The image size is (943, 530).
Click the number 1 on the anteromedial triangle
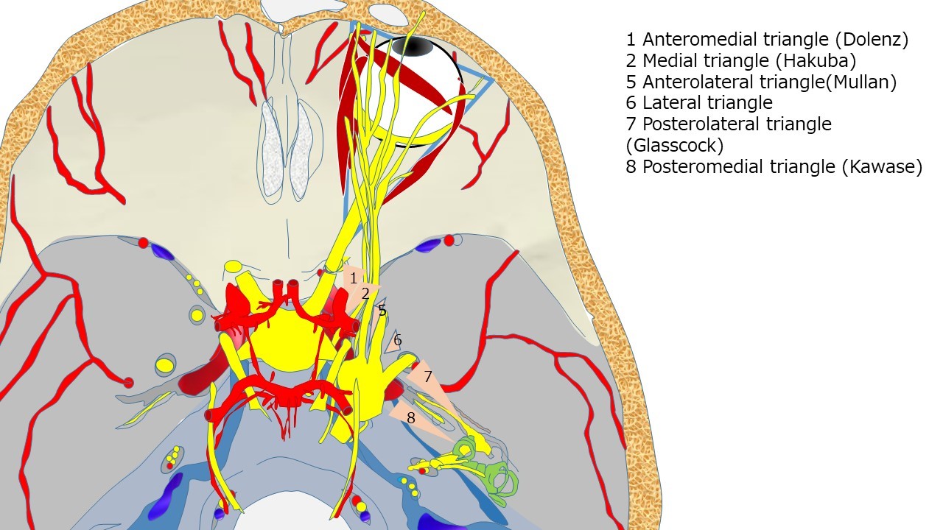(354, 278)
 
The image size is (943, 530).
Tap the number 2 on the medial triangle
(365, 294)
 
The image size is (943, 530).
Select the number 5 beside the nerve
(382, 311)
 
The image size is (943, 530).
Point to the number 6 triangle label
(398, 340)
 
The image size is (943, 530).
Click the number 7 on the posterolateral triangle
(427, 376)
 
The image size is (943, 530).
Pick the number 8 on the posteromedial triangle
(411, 417)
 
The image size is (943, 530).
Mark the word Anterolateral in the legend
(690, 82)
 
